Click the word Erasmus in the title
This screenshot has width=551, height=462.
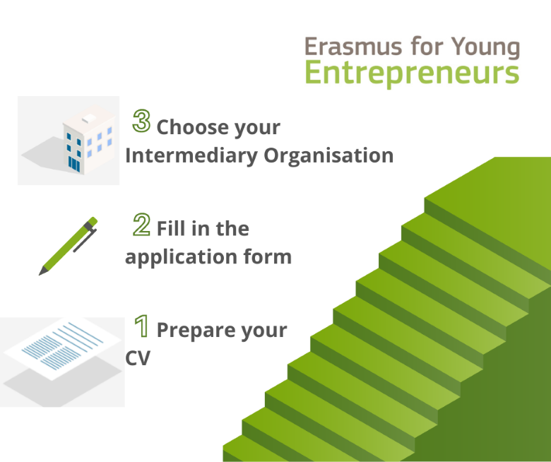coord(353,47)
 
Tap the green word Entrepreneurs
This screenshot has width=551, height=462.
coord(413,73)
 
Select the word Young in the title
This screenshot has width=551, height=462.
coord(485,47)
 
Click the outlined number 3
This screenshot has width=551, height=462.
coord(141,121)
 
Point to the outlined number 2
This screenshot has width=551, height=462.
coord(141,224)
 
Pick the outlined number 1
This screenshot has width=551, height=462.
coord(141,326)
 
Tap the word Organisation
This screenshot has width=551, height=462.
coord(328,155)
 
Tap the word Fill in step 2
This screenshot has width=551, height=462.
coord(171,228)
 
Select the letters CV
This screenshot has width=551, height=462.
coord(138,358)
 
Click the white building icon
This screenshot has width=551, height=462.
coord(88,139)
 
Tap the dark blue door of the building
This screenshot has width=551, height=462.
coord(74,165)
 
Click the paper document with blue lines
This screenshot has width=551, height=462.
coord(63,348)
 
